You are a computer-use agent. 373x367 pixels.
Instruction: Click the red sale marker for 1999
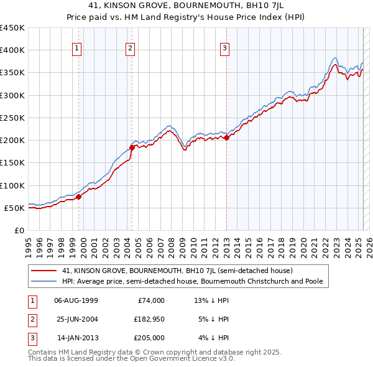(x=79, y=197)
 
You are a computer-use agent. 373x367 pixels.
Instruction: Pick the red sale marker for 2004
(x=132, y=147)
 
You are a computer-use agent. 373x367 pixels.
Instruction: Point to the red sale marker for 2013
(x=226, y=138)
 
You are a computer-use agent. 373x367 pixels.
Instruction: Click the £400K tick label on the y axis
(x=12, y=50)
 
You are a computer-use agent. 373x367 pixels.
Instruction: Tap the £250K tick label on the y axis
(x=12, y=118)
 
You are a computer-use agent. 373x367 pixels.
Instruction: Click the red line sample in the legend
(x=45, y=271)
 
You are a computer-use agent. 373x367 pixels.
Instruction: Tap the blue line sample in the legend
(x=45, y=281)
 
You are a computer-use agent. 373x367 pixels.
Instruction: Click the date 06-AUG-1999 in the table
(x=76, y=300)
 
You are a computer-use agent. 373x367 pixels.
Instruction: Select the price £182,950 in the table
(x=147, y=319)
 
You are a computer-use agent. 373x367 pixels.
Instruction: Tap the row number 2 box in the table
(x=31, y=319)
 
